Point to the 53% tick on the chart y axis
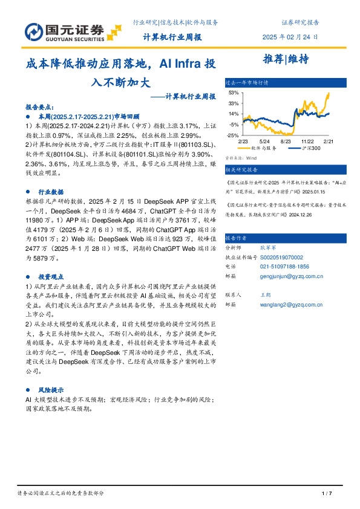234,93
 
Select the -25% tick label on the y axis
233,135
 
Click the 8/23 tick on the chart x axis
287,140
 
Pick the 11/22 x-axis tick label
308,140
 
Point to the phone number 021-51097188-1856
284,265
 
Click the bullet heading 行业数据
50,191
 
